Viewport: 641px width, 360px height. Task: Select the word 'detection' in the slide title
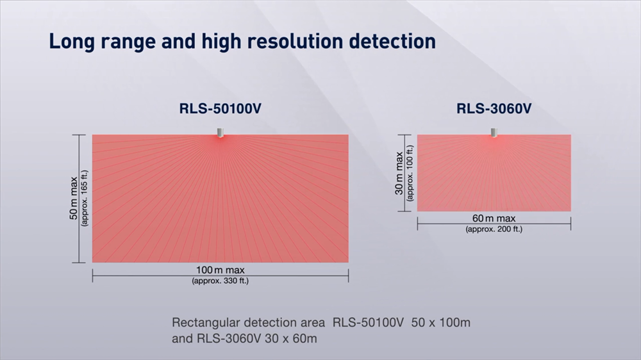point(392,41)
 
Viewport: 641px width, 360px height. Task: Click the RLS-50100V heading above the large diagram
point(221,109)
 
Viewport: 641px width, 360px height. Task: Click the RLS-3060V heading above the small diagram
point(494,109)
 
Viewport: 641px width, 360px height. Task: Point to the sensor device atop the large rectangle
point(221,133)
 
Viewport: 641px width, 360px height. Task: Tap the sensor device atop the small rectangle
point(494,133)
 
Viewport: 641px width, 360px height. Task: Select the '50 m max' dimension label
point(73,198)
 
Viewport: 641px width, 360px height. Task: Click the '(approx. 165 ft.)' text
point(85,198)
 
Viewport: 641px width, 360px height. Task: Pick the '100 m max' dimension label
point(221,270)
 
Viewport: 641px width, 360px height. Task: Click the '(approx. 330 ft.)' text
point(221,281)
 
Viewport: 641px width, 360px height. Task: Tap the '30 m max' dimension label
point(399,173)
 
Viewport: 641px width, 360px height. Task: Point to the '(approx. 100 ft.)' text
point(410,173)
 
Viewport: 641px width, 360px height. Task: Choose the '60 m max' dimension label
point(494,218)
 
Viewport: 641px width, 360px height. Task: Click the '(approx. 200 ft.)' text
point(494,229)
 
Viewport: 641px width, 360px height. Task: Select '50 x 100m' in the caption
point(441,323)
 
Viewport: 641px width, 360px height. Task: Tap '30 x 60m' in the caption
point(290,339)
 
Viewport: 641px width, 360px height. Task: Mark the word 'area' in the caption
point(313,323)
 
